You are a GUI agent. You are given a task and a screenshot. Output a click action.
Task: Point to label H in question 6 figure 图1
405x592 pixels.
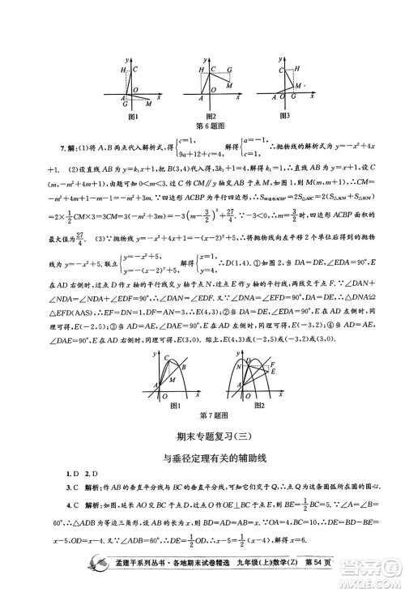pos(125,71)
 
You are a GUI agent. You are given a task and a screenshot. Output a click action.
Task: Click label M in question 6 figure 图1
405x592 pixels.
pos(148,104)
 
